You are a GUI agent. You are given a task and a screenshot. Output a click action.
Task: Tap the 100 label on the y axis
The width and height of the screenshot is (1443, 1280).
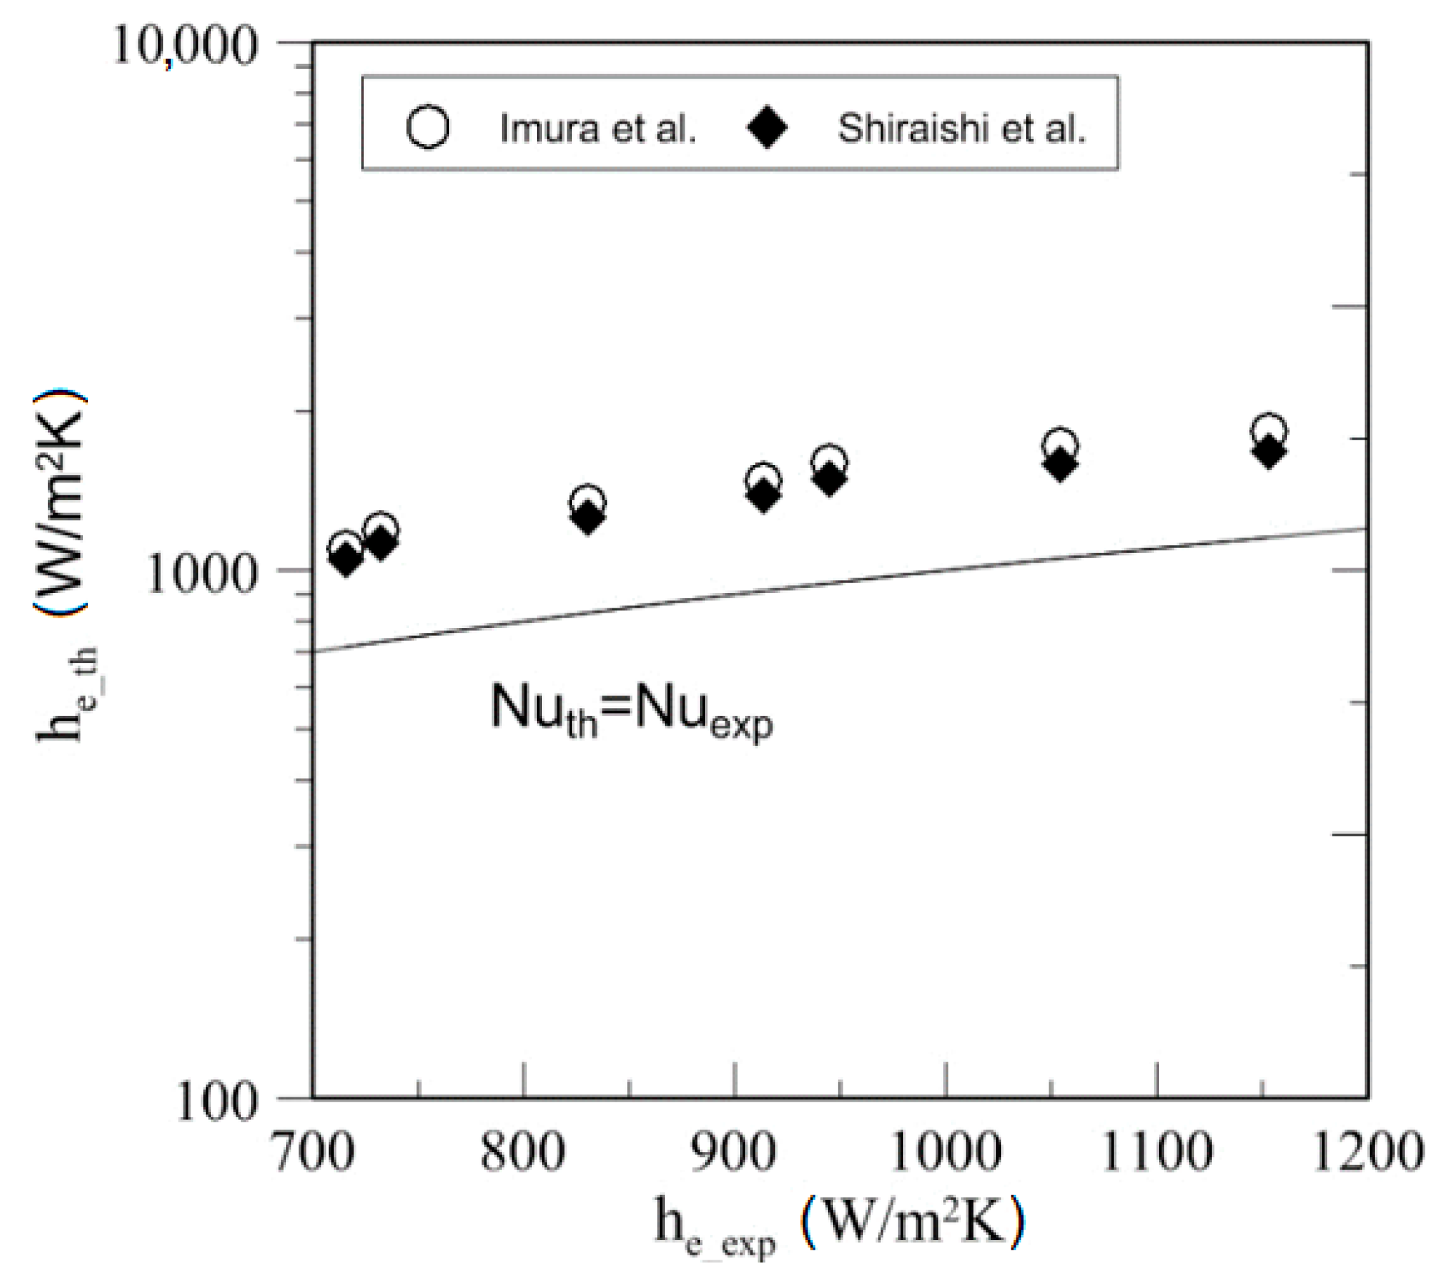coord(216,1102)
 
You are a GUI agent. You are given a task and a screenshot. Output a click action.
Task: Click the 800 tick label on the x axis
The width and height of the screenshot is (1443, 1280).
coord(523,1152)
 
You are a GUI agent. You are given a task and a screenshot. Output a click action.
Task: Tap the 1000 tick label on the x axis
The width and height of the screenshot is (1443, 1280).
coord(945,1152)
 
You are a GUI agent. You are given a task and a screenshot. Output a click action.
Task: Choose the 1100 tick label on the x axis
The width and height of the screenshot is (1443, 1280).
coord(1156,1152)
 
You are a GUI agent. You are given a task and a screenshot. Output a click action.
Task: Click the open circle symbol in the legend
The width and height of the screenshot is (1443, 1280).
coord(428,127)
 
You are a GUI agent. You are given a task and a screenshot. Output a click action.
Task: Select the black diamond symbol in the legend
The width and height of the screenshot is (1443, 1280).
coord(767,128)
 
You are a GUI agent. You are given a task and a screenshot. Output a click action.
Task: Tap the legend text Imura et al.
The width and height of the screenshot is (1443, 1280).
coord(598,129)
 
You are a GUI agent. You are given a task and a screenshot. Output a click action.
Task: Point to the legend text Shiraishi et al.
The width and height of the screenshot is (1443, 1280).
coord(961,129)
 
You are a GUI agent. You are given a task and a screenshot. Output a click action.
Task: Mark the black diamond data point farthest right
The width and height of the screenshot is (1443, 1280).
coord(1269,452)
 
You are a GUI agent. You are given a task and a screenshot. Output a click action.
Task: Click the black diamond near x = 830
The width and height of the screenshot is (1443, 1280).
coord(588,518)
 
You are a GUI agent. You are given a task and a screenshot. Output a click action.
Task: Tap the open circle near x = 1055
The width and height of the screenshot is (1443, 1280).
coord(1060,445)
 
